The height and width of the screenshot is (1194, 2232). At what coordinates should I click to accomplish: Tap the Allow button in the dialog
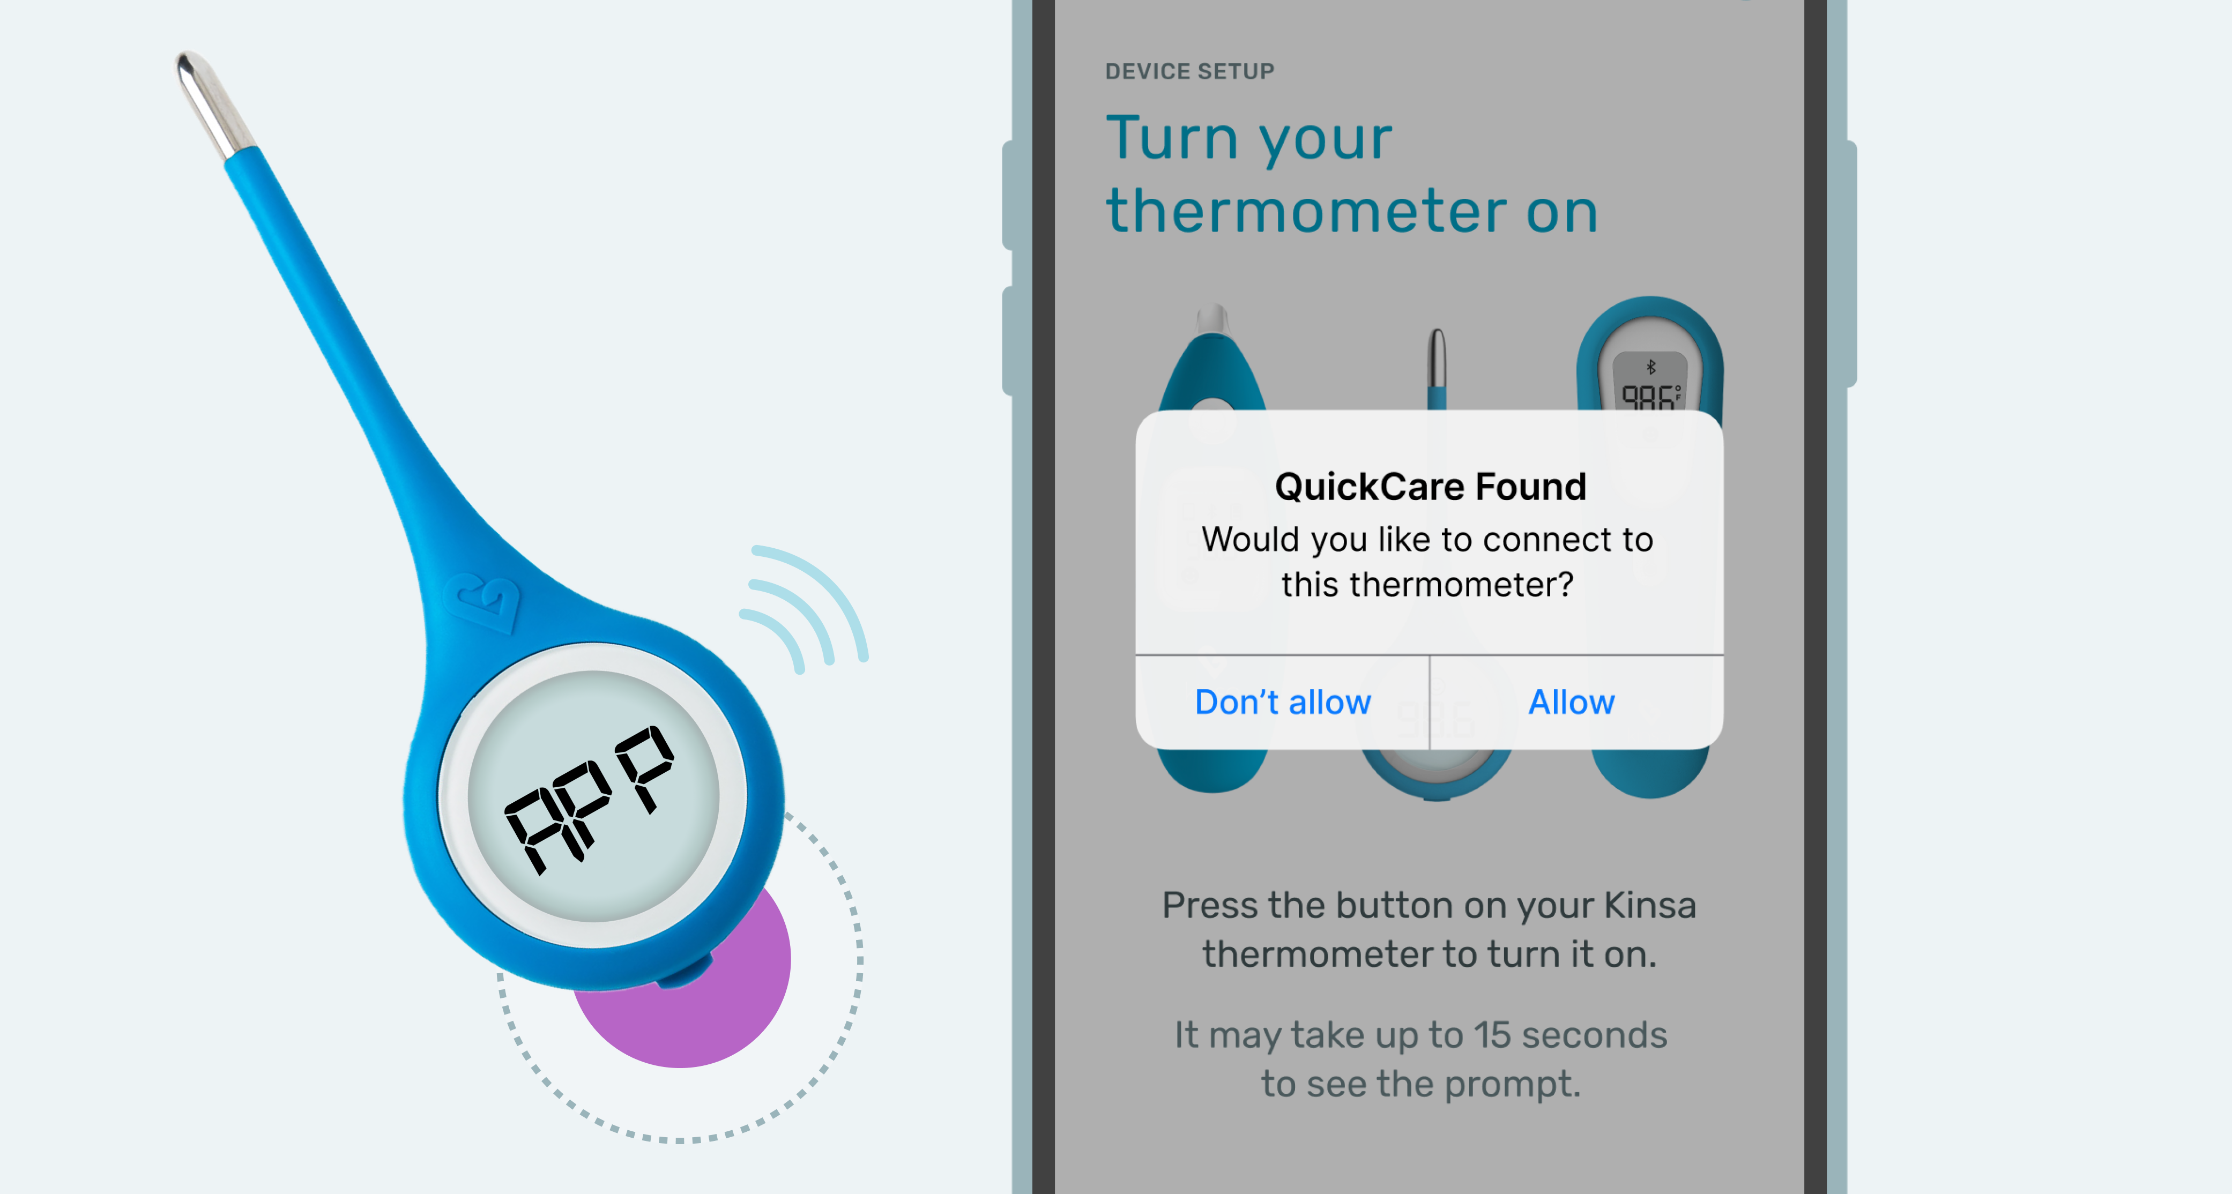[1571, 702]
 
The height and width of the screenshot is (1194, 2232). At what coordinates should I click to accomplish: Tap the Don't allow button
[1282, 702]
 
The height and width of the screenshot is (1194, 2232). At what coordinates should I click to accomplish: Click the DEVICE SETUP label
[1189, 71]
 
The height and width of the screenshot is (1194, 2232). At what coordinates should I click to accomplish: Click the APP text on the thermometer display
[589, 797]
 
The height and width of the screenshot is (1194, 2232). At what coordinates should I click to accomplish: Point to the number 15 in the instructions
[1492, 1035]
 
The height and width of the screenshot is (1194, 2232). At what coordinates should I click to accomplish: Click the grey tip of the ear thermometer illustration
[1213, 320]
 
